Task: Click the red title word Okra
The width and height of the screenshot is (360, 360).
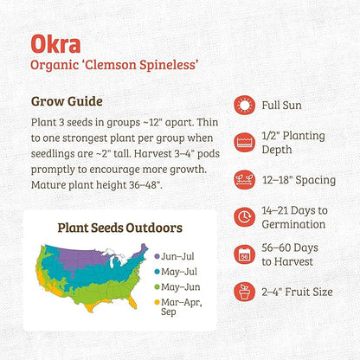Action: (56, 44)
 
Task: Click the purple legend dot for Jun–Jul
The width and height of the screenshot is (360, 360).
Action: (157, 256)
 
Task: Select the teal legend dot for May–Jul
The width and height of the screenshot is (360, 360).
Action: (157, 271)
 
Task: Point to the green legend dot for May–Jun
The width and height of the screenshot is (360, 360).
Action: (157, 286)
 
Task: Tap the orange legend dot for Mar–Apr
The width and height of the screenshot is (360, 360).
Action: (157, 302)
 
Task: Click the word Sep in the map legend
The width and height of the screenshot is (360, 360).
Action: (170, 315)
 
